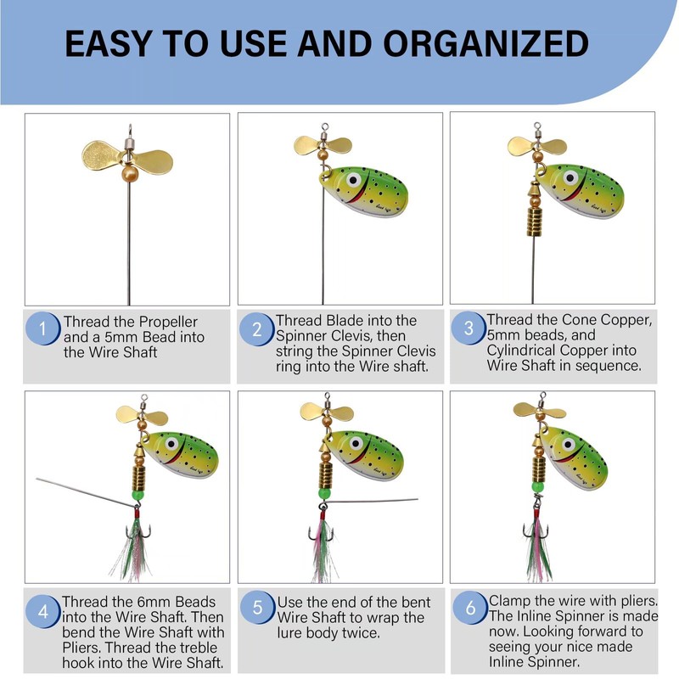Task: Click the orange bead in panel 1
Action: coord(129,172)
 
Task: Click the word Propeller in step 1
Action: coord(166,322)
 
